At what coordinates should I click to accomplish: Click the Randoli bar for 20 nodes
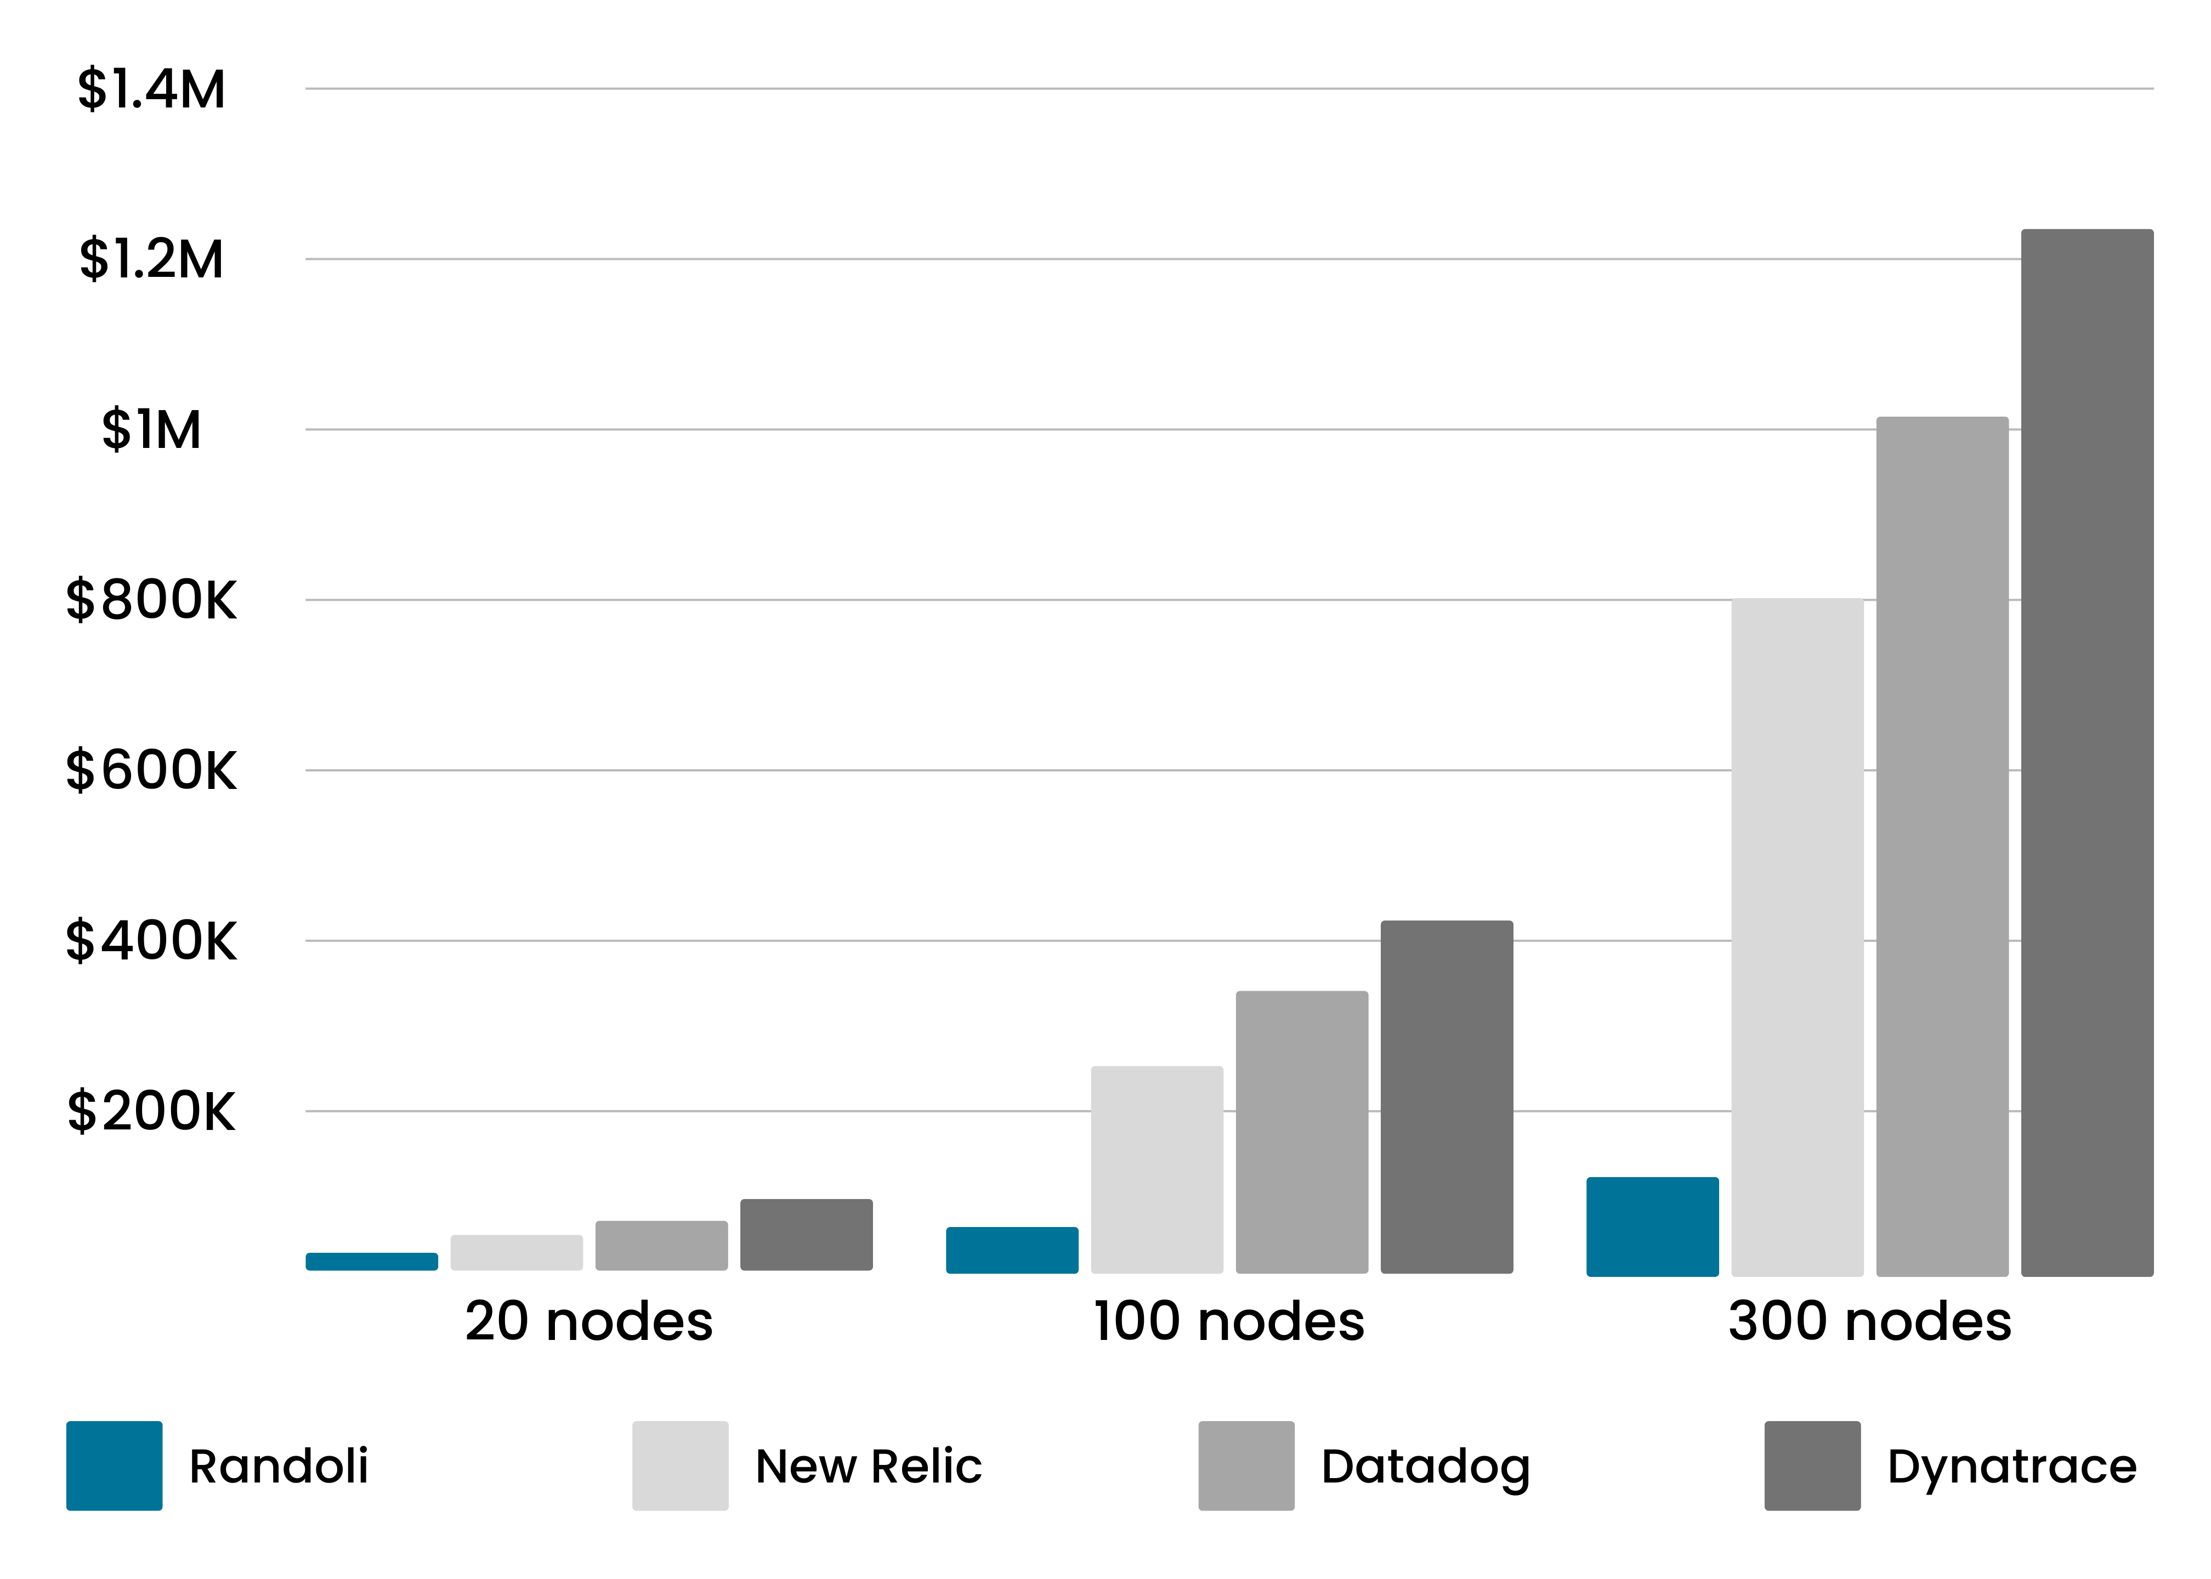pos(371,1261)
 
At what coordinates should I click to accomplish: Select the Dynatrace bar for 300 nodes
pos(2087,753)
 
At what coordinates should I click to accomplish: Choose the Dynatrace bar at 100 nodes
pos(1446,1097)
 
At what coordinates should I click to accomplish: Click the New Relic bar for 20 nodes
pos(517,1252)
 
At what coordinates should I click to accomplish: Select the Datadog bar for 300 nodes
pos(1942,846)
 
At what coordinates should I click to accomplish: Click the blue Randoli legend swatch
pos(114,1466)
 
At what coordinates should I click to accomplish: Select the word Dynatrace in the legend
pos(2012,1466)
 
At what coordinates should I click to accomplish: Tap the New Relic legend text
pos(868,1466)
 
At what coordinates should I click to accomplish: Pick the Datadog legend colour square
pos(1245,1466)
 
